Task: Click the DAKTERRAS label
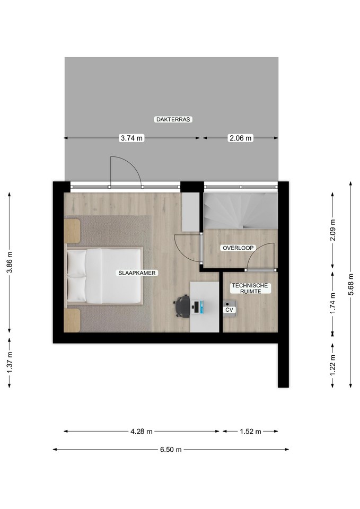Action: click(173, 119)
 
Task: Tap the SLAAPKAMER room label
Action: click(137, 273)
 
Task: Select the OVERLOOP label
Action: click(238, 248)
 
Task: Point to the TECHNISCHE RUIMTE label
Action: click(250, 288)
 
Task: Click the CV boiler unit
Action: click(230, 308)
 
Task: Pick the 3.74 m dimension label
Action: click(132, 138)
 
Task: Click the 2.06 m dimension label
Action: click(241, 138)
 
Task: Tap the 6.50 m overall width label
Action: click(171, 450)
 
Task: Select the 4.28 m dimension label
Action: click(142, 432)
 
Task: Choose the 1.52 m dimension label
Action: click(251, 432)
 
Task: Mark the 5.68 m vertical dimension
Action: click(350, 284)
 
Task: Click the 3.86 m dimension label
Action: click(10, 262)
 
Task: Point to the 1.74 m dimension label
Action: click(333, 303)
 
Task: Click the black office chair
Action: click(182, 306)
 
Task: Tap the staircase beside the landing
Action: click(241, 210)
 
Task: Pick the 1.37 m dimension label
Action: click(10, 362)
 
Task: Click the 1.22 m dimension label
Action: click(333, 365)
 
